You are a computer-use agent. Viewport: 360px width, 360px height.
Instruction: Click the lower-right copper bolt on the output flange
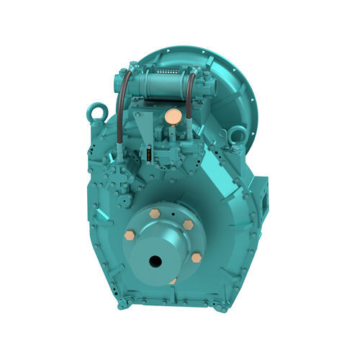click(195, 257)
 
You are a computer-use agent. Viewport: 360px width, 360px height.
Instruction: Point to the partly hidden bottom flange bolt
click(173, 281)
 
